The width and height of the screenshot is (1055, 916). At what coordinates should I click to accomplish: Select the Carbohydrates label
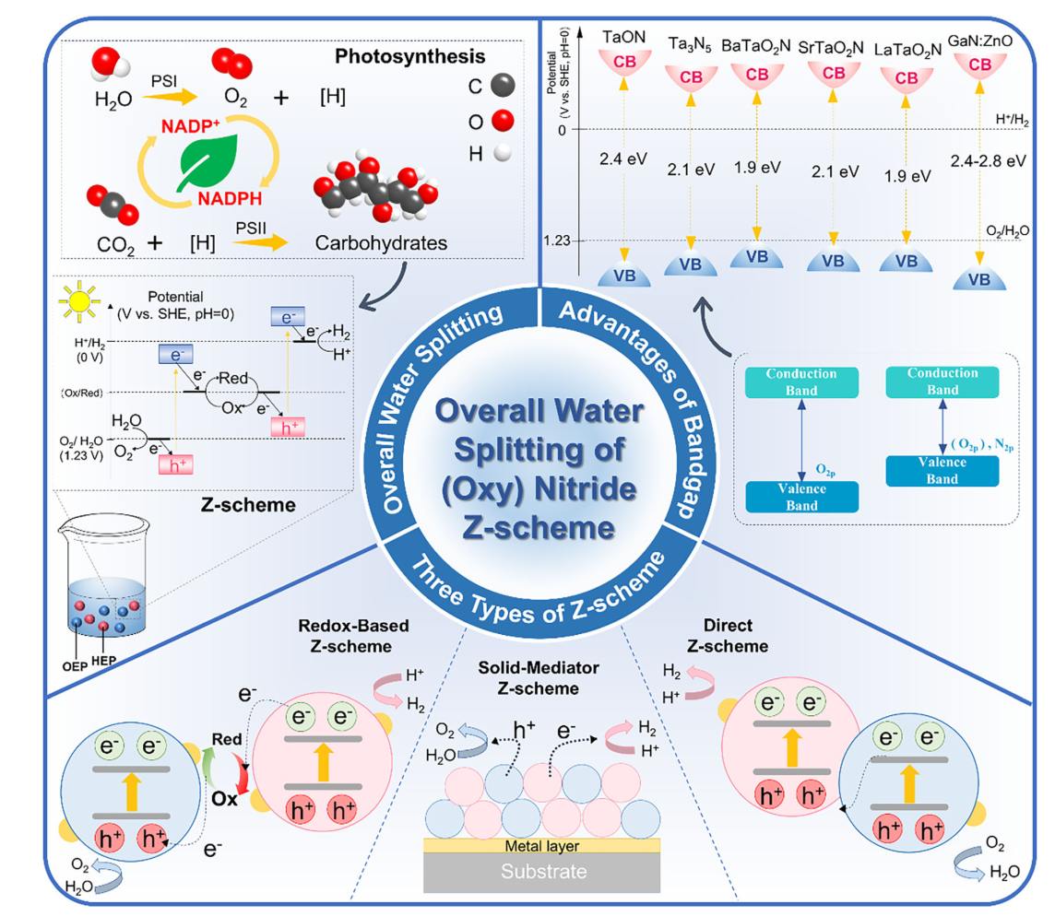tap(373, 243)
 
